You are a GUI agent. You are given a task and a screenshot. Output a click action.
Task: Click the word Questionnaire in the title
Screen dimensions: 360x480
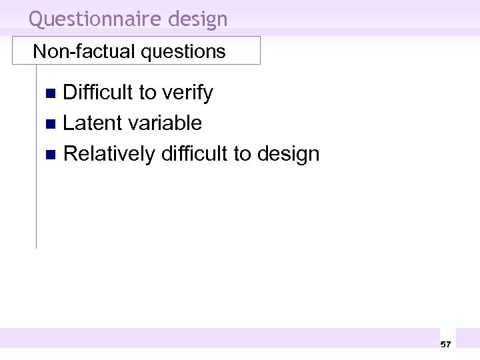tap(95, 19)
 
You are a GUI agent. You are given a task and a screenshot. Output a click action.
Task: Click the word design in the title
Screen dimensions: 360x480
tap(198, 19)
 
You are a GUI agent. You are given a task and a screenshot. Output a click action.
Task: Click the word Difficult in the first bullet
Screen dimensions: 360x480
tap(98, 93)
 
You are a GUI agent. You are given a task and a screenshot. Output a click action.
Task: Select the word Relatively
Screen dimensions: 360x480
tap(109, 154)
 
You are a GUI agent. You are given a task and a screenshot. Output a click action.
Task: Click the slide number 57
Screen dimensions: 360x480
tap(445, 344)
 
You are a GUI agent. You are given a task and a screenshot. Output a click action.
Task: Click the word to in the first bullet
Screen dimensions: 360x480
tap(147, 93)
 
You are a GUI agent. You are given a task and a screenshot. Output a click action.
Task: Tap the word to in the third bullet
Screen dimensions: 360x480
tap(242, 154)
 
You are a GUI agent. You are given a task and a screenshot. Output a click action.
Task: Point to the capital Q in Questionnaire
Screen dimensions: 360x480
tap(36, 19)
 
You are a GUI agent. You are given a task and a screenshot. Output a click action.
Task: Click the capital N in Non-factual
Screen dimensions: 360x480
tap(39, 51)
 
